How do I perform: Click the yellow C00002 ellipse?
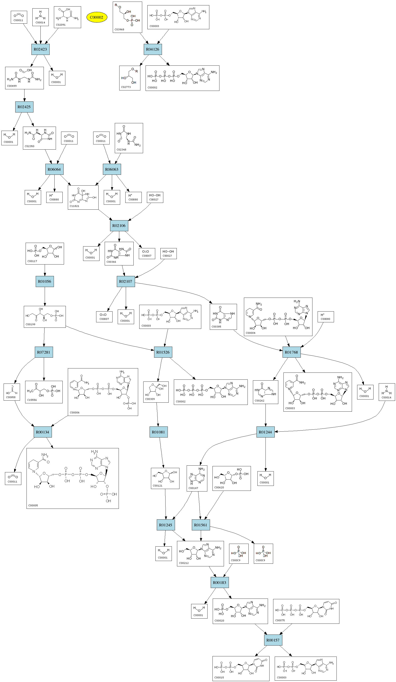[97, 17]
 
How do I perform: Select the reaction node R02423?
[40, 49]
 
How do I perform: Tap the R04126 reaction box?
[153, 49]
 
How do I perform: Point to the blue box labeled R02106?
[119, 225]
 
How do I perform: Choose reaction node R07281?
[44, 352]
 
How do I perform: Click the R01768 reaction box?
[291, 352]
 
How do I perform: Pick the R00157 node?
[273, 640]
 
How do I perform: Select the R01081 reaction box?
[158, 432]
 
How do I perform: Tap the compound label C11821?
[74, 206]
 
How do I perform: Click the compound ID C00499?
[12, 86]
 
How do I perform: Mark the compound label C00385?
[216, 326]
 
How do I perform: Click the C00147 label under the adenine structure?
[193, 488]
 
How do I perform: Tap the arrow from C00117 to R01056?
[45, 270]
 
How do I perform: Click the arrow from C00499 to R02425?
[24, 95]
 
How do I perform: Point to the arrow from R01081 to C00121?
[162, 453]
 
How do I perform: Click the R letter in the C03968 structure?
[116, 5]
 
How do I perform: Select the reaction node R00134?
[42, 432]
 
